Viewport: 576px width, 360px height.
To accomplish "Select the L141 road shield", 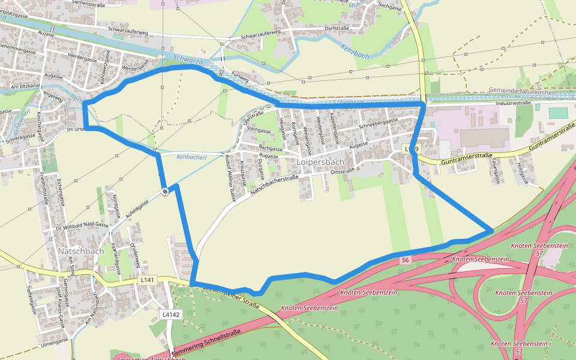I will click(x=147, y=280).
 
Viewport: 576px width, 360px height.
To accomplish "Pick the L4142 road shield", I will click(x=170, y=314).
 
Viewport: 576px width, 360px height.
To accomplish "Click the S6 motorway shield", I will click(x=406, y=260).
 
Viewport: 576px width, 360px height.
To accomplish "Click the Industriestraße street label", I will click(x=515, y=103).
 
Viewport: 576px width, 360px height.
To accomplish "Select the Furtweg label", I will click(x=239, y=79).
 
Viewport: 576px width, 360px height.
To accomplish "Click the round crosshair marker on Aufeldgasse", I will click(x=164, y=191).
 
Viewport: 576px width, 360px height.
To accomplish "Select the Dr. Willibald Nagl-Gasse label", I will click(x=83, y=225).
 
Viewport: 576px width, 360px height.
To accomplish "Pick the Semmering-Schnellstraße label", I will click(x=205, y=343).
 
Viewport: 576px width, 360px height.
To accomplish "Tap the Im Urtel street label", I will click(x=75, y=130).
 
